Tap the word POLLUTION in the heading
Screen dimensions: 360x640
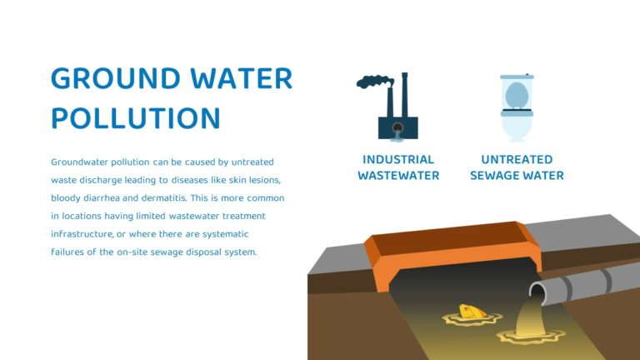[135, 118]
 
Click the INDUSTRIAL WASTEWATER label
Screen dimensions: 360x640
[398, 167]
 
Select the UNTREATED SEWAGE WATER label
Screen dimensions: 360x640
[517, 167]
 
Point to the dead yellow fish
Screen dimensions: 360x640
[472, 312]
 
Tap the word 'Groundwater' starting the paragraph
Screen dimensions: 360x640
[79, 162]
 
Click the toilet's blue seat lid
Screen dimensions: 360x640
[517, 93]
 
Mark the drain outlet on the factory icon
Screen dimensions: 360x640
[397, 128]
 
